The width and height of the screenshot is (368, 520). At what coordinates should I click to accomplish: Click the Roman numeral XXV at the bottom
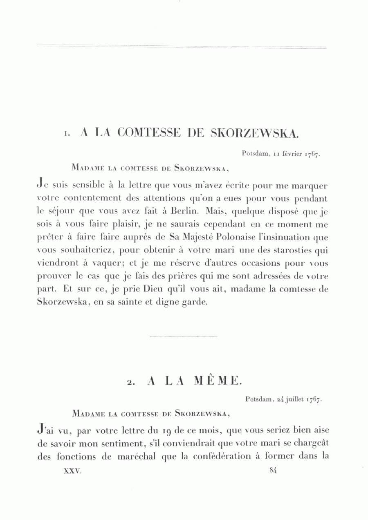[x=73, y=471]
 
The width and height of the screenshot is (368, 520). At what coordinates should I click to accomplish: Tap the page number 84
[x=274, y=471]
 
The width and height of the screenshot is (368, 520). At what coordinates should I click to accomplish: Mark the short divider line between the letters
[x=184, y=336]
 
